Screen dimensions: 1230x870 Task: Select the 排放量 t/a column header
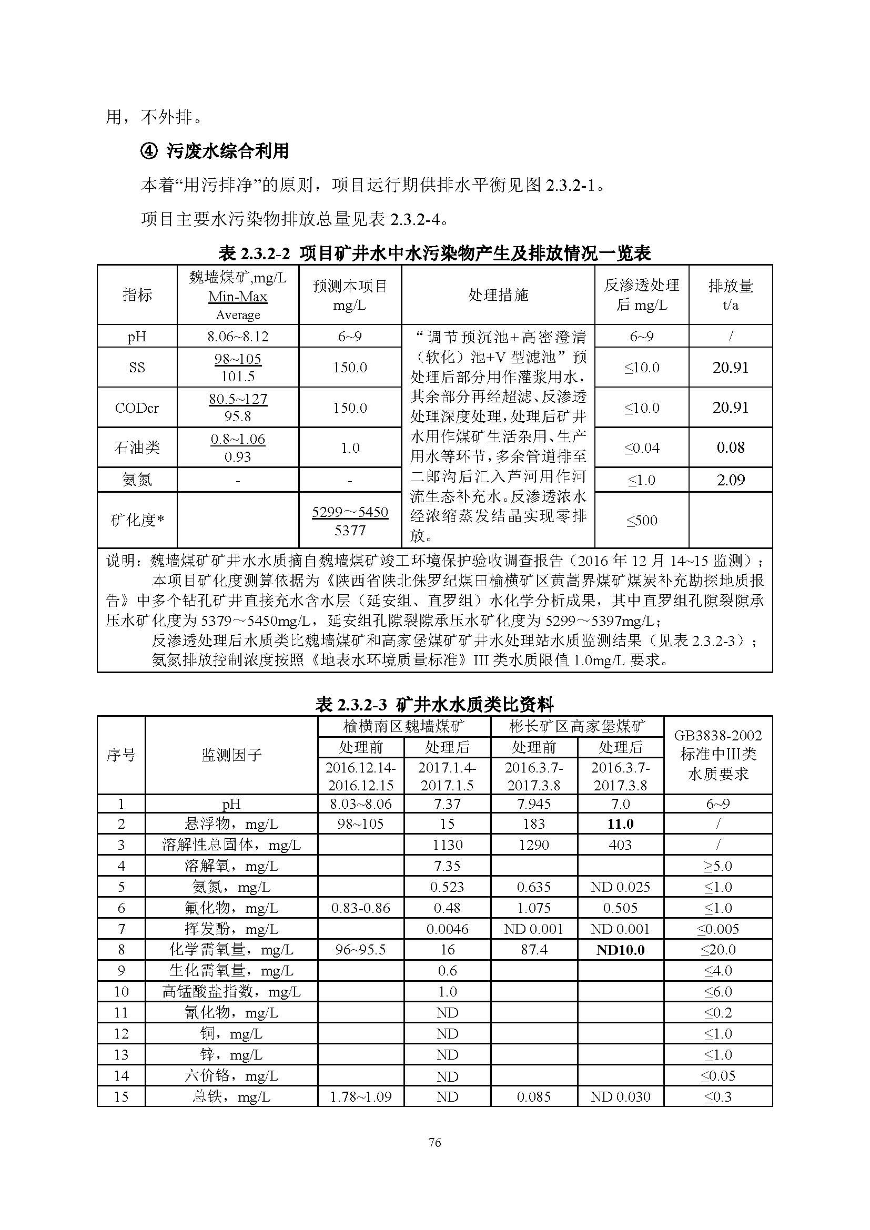coord(730,294)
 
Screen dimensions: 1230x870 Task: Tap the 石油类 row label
coord(137,448)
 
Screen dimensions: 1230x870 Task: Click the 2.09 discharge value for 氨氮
coord(730,480)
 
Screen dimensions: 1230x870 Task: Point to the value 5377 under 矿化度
coord(350,530)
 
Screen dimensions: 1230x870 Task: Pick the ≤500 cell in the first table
coord(641,520)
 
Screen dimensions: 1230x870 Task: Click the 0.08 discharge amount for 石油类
coord(730,448)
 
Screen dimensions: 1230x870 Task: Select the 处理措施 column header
coord(498,294)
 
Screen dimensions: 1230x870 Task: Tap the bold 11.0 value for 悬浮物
coord(620,824)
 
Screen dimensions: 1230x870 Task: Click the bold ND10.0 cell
coord(620,950)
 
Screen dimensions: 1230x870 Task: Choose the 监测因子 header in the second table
coord(231,755)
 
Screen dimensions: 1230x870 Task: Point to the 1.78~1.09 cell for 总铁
coord(360,1096)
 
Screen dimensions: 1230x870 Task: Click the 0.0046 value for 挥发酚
coord(447,929)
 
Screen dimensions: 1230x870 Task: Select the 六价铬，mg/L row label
coord(231,1076)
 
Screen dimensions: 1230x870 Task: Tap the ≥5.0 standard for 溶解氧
coord(718,866)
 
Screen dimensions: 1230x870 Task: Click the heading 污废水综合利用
coord(228,151)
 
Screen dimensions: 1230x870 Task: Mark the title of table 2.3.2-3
coord(434,705)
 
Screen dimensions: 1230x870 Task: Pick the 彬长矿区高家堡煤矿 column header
coord(577,726)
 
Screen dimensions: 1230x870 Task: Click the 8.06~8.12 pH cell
coord(238,337)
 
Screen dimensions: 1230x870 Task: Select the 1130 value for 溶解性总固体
coord(447,845)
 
